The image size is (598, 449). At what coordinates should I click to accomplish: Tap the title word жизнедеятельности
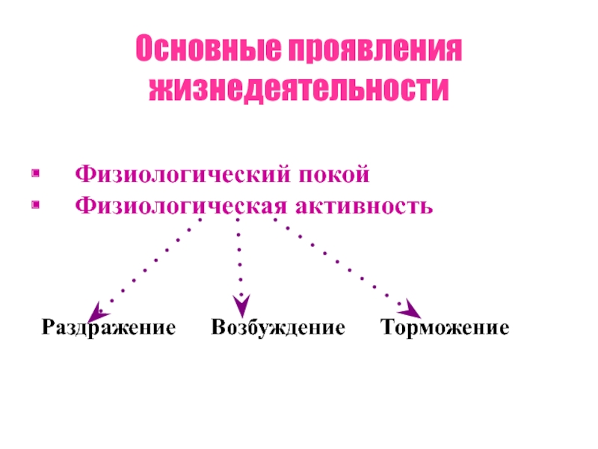(x=299, y=90)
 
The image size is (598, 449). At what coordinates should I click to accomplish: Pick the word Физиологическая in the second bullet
(x=175, y=204)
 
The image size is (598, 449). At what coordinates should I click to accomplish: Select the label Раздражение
(x=108, y=328)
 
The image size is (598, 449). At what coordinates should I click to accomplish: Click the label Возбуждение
(x=277, y=328)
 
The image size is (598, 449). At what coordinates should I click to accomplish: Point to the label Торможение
(x=445, y=328)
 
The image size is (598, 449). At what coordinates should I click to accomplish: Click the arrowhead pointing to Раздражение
(x=96, y=311)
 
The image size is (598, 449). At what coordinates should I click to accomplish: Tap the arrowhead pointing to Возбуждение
(x=241, y=305)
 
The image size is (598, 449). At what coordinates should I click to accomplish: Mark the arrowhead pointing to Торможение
(x=410, y=308)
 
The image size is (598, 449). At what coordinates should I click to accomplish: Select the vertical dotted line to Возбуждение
(x=239, y=258)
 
